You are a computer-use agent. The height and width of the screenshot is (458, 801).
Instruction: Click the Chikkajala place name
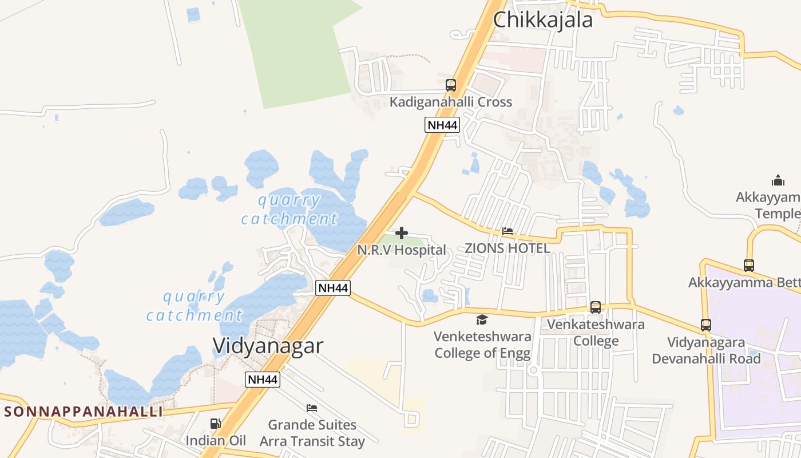[542, 20]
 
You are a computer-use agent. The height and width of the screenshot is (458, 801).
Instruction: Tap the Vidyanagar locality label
[268, 346]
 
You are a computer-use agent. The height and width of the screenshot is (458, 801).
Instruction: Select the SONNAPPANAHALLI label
[84, 412]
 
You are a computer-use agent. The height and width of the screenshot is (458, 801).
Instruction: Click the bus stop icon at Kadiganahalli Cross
[451, 85]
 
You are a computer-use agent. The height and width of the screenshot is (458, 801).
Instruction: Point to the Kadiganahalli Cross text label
[451, 102]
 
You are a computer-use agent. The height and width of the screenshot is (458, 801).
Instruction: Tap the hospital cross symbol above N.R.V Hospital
[402, 233]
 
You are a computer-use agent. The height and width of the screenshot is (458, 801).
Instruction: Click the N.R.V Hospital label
[402, 250]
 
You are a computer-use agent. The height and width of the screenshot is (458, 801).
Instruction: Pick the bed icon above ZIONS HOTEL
[507, 232]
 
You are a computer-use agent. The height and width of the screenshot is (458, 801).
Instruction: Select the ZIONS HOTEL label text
[507, 248]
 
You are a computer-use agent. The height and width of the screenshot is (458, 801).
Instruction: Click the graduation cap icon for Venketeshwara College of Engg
[482, 319]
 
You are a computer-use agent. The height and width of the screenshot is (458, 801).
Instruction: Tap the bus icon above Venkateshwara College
[596, 307]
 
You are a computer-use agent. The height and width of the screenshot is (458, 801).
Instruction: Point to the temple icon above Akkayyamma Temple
[778, 181]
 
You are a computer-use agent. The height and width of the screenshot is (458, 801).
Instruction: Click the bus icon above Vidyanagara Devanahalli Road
[706, 325]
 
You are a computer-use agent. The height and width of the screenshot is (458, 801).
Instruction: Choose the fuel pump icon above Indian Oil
[216, 424]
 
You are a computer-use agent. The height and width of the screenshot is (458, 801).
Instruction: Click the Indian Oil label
[216, 440]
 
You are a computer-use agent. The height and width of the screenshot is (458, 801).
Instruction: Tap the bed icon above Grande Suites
[312, 408]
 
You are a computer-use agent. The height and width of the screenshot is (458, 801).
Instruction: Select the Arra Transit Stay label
[312, 441]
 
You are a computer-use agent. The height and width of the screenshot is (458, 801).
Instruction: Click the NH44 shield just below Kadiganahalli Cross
[442, 125]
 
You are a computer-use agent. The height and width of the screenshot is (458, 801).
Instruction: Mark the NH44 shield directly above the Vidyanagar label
[333, 287]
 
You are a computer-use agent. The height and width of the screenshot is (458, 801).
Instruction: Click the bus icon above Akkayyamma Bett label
[748, 266]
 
